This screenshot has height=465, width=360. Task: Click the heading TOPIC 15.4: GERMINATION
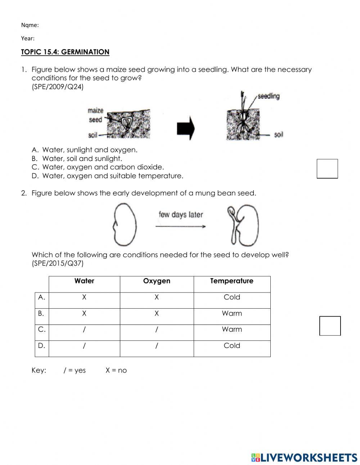(65, 52)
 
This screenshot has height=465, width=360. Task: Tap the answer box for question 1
(327, 169)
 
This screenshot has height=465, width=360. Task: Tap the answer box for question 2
(330, 326)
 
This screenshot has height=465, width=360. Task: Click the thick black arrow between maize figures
(185, 128)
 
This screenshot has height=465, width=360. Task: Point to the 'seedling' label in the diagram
(269, 96)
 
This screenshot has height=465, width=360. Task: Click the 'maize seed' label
(95, 115)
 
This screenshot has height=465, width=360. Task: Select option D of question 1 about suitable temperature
(112, 176)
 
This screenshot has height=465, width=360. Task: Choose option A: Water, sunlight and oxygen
(90, 150)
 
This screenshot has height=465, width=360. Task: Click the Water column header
(84, 281)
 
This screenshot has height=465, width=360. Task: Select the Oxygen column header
(157, 281)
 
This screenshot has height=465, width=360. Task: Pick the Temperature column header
(232, 281)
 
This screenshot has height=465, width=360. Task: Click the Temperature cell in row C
(232, 329)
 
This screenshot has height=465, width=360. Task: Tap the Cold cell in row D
(232, 345)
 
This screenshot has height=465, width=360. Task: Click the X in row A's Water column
(84, 297)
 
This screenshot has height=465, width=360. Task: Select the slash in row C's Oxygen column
(157, 329)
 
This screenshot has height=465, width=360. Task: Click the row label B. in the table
(41, 313)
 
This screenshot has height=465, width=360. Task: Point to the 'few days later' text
(181, 215)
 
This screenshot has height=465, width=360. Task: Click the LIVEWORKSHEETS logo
(304, 457)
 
